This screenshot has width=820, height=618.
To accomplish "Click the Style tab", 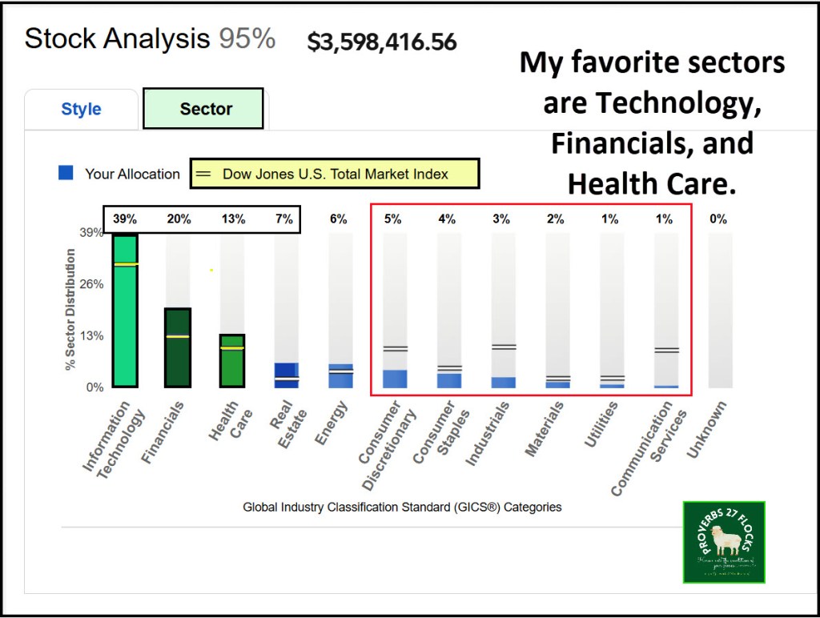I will click(x=81, y=110).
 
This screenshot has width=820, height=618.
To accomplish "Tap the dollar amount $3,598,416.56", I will click(x=382, y=42).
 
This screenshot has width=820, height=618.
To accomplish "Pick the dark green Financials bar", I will click(x=177, y=348).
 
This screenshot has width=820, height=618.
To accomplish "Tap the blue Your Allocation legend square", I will click(x=66, y=173).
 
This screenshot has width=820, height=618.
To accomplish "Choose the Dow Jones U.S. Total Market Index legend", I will click(x=335, y=174).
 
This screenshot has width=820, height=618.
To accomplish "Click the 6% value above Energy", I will click(x=339, y=219).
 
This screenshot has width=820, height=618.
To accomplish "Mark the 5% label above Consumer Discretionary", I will click(x=392, y=219).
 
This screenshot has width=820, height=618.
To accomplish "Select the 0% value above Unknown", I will click(x=717, y=219).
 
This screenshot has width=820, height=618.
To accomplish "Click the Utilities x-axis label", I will click(x=601, y=421).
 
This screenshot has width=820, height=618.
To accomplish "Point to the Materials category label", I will click(x=545, y=429).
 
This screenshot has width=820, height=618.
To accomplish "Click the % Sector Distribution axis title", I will click(x=70, y=309).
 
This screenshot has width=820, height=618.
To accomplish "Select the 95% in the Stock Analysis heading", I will click(x=247, y=38).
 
